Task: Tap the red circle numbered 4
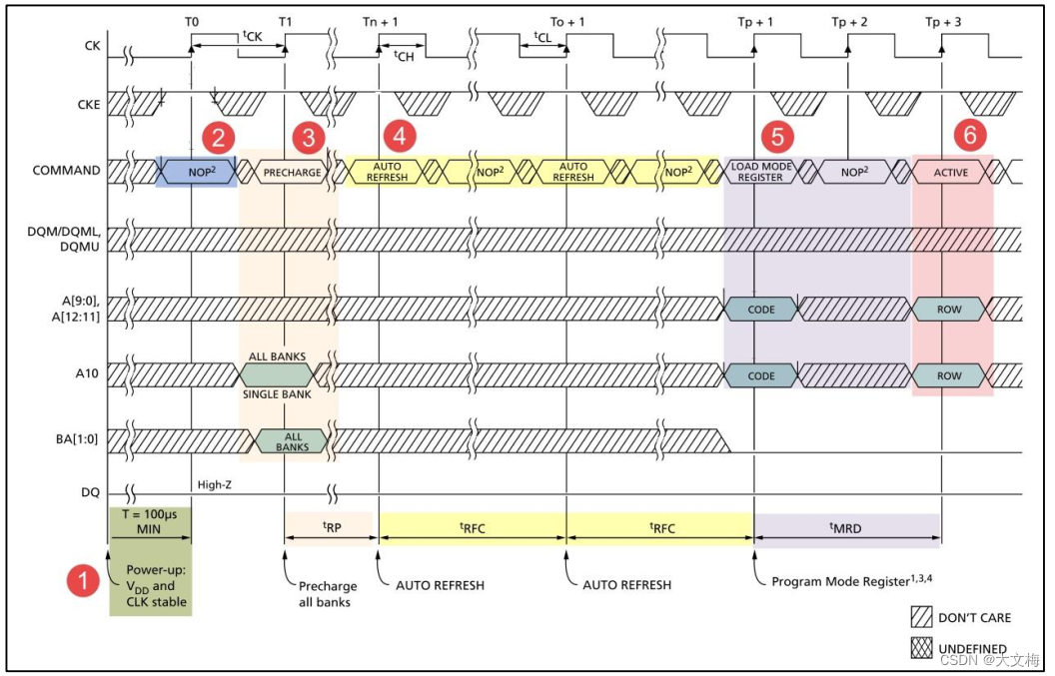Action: coord(400,136)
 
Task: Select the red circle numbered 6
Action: coord(969,135)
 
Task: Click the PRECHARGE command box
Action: coord(292,172)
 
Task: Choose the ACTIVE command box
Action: coord(950,172)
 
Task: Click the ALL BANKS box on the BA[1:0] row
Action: coord(292,441)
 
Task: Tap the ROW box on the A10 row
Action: coord(949,376)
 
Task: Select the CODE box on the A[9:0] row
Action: coord(761,310)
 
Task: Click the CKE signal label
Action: coord(89,104)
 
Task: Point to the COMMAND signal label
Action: coord(66,171)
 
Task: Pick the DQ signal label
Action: coord(90,493)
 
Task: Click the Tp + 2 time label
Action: coord(849,22)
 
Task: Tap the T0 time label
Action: coord(192,22)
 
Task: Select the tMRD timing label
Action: coord(846,529)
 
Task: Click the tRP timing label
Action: coord(332,529)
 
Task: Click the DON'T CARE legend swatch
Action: coord(921,617)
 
